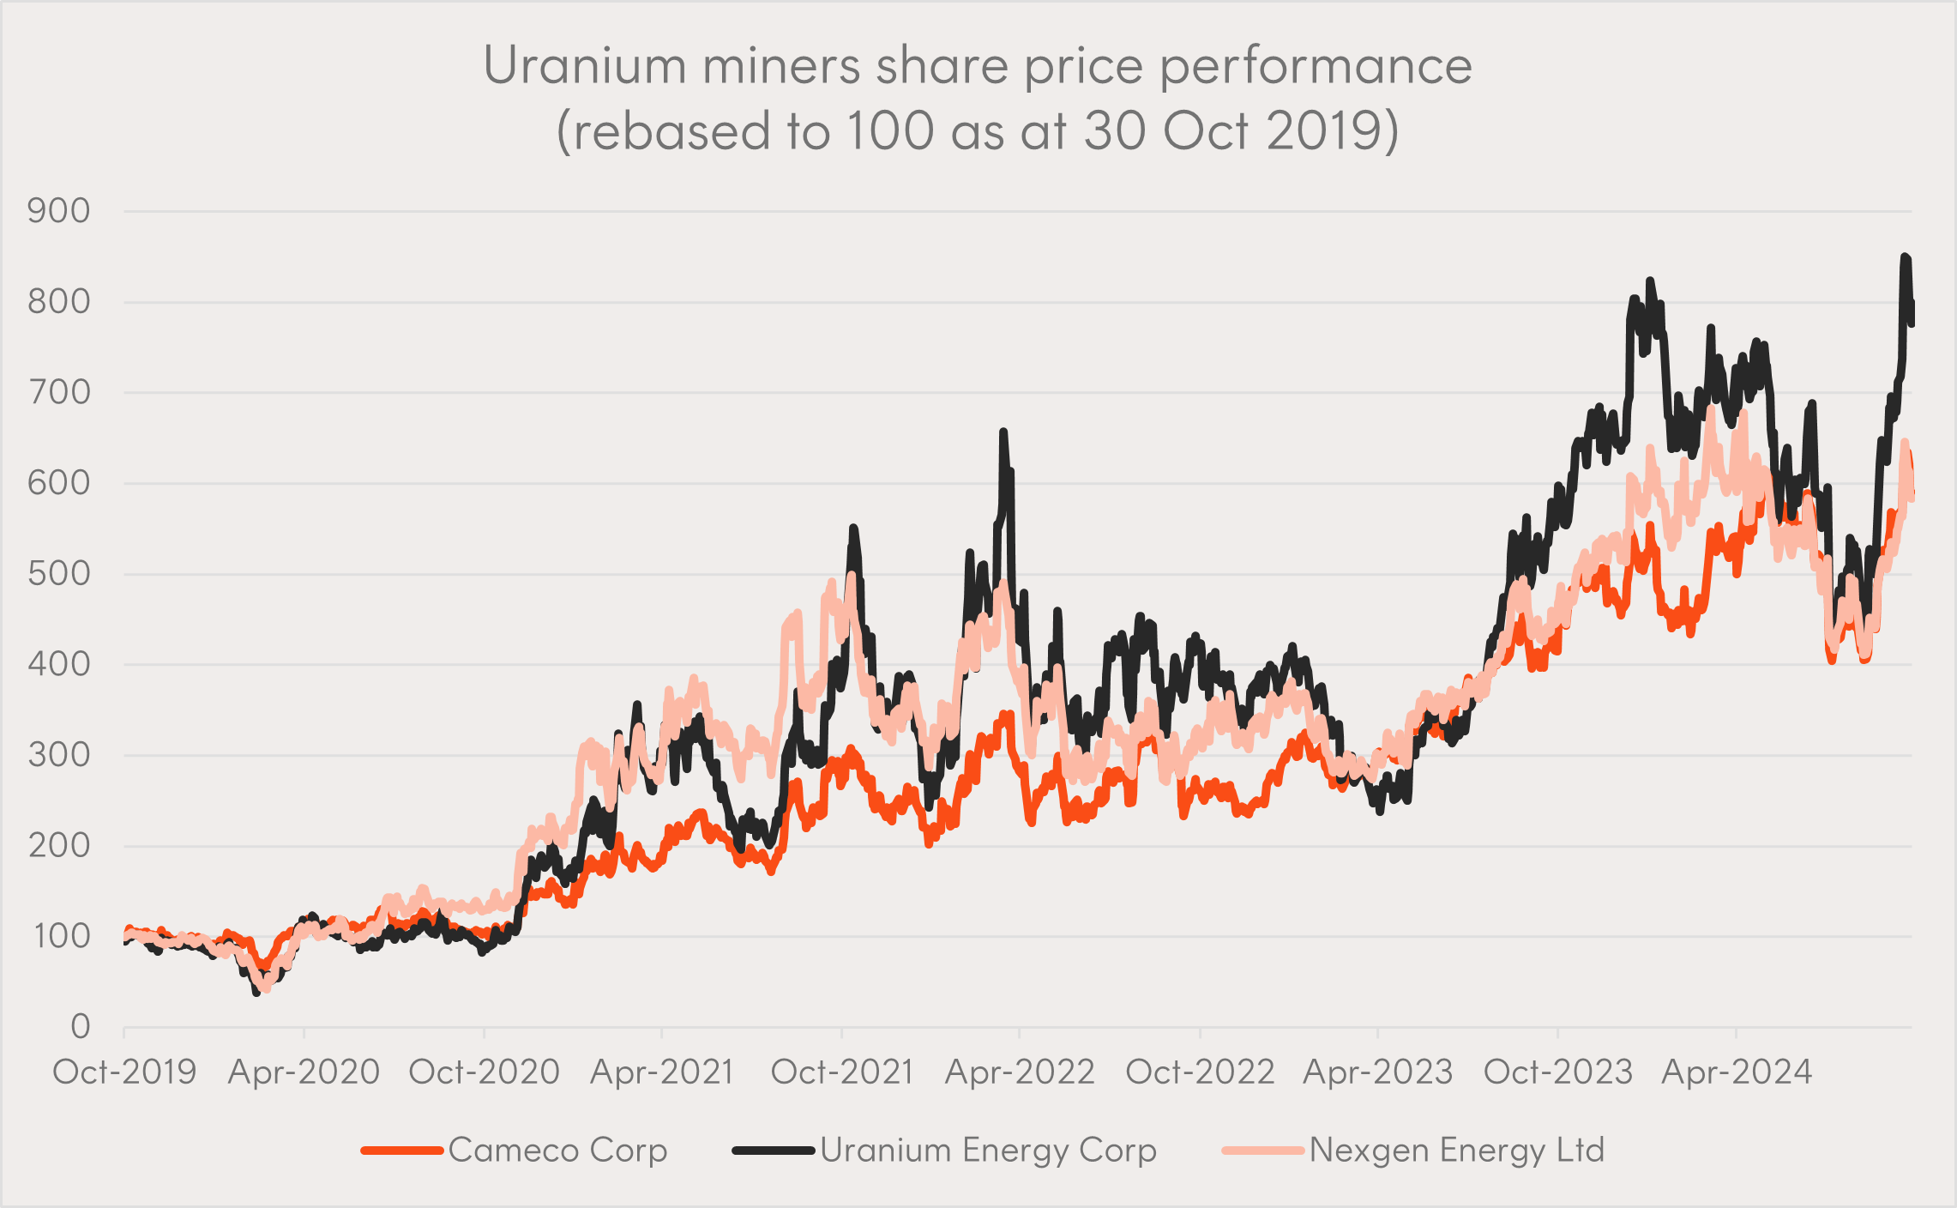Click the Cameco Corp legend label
[557, 1150]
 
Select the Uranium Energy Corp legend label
[988, 1150]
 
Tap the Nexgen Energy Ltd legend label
[1456, 1150]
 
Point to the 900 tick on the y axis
[58, 211]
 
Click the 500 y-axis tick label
[58, 574]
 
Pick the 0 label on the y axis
[80, 1026]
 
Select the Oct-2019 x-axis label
[124, 1072]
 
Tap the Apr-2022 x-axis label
[1020, 1072]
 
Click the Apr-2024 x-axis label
[1737, 1072]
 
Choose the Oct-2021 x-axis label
[841, 1072]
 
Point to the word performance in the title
[1316, 67]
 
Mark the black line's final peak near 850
[1905, 257]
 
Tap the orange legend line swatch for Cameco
[401, 1150]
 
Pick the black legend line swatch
[773, 1150]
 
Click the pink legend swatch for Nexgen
[1263, 1150]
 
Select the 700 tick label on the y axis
[58, 393]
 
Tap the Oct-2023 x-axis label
[1557, 1072]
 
